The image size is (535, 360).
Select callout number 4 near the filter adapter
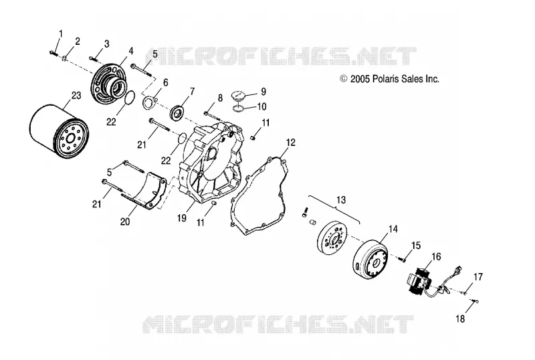131,51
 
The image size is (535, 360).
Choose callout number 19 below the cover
182,218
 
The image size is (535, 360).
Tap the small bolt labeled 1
53,53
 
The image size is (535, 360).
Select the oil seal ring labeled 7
177,113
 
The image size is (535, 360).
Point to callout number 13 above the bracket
341,199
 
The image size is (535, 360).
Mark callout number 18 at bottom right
460,319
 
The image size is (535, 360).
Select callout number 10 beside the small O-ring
261,106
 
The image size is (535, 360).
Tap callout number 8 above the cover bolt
220,98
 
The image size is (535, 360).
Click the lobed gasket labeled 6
148,103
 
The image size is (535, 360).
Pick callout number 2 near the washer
78,41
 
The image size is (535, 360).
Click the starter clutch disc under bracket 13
332,238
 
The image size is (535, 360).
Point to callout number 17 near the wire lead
478,276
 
